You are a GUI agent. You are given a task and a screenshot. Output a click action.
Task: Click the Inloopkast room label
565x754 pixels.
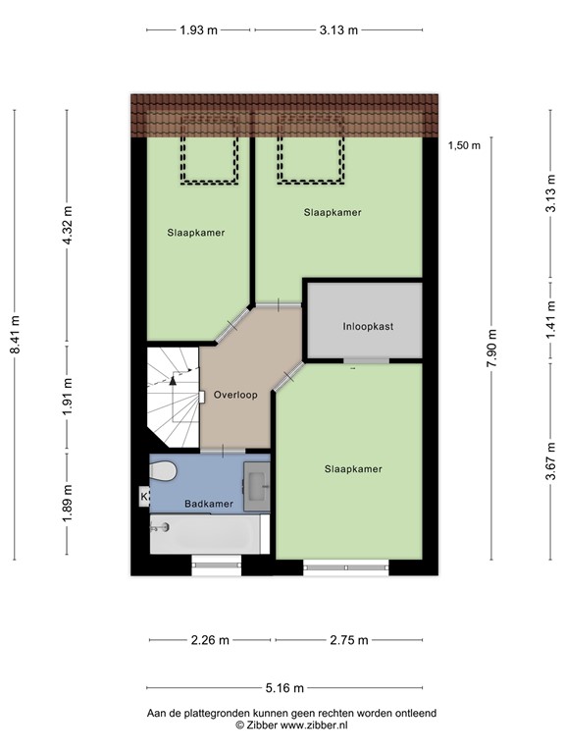(x=368, y=326)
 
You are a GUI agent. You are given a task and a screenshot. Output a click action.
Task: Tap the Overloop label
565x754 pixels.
(x=235, y=396)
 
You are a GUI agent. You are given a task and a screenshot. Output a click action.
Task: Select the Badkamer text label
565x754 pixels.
(x=209, y=504)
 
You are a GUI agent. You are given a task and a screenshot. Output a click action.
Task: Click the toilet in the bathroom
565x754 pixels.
(x=164, y=471)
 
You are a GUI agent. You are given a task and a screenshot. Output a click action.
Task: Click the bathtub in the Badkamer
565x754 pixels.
(x=207, y=536)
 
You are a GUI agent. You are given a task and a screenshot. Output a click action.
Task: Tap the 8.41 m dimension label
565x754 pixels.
(x=15, y=334)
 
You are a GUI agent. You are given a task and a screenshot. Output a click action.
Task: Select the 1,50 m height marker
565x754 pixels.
(x=464, y=146)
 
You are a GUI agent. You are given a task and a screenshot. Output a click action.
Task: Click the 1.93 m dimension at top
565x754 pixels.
(x=197, y=29)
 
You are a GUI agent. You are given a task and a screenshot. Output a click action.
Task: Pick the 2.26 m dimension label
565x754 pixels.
(x=210, y=641)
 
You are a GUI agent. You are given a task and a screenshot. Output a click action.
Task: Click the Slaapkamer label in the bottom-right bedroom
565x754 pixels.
(x=353, y=469)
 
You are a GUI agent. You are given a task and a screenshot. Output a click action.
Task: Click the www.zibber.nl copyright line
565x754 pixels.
(x=290, y=726)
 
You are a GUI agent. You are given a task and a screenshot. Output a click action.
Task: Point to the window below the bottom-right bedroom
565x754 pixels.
(x=347, y=566)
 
